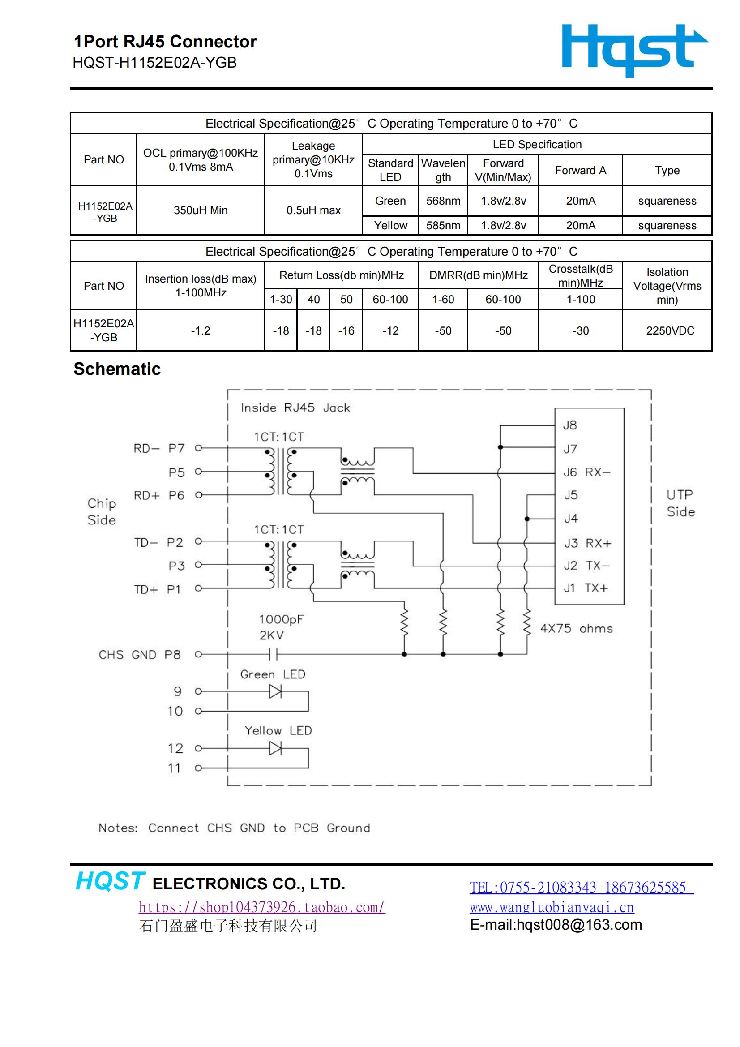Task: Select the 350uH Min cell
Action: click(x=201, y=210)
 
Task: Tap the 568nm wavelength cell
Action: click(x=443, y=201)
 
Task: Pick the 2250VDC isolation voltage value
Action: click(x=670, y=330)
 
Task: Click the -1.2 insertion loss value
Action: click(x=201, y=330)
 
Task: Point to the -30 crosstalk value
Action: click(x=581, y=330)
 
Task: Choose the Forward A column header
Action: click(x=581, y=171)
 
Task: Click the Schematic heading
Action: click(x=117, y=369)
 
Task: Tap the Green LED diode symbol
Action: click(x=275, y=692)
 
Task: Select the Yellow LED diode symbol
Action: click(x=275, y=748)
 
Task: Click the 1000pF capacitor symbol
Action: click(x=274, y=654)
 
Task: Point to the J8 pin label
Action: click(x=570, y=425)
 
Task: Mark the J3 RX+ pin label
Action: click(x=587, y=543)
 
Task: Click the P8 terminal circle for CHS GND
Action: click(x=198, y=654)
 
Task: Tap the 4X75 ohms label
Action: click(x=576, y=628)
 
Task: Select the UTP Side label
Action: click(x=681, y=503)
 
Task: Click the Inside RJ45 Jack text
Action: click(x=295, y=408)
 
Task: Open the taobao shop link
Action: click(x=262, y=907)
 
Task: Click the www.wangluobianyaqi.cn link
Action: click(x=552, y=907)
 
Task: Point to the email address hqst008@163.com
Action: click(x=579, y=925)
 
